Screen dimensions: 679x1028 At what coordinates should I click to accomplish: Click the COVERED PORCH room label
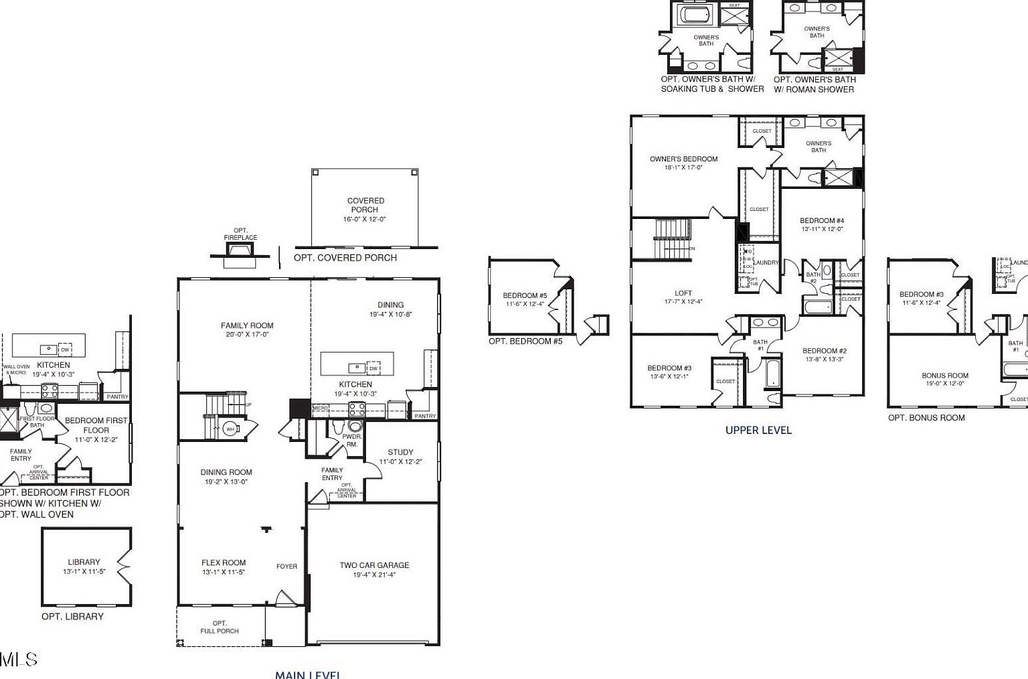(365, 205)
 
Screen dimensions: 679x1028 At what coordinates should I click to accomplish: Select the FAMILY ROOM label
(247, 326)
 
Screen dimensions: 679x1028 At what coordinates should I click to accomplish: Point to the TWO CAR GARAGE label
(374, 565)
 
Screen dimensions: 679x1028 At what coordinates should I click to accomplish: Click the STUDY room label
(400, 453)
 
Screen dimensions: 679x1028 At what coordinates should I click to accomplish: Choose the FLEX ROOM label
(224, 563)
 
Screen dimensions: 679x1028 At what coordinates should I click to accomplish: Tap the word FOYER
(286, 567)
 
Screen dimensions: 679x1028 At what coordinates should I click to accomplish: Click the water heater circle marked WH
(230, 429)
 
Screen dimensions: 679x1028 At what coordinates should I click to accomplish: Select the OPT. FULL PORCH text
(220, 627)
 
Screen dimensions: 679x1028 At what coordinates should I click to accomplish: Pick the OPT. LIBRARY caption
(72, 617)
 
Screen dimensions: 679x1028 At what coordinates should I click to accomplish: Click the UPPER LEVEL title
(758, 431)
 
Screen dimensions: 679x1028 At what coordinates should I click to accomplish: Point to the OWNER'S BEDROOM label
(683, 159)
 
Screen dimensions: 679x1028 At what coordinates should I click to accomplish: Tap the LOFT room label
(683, 293)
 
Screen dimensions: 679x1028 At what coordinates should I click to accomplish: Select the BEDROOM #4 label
(822, 221)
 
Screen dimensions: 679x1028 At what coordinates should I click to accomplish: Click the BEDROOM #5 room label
(525, 295)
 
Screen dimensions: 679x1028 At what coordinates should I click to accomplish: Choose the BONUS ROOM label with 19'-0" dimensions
(945, 376)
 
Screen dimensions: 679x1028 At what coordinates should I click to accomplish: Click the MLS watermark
(19, 660)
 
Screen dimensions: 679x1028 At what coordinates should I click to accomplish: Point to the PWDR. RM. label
(351, 440)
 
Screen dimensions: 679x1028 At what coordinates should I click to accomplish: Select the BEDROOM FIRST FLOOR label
(96, 425)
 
